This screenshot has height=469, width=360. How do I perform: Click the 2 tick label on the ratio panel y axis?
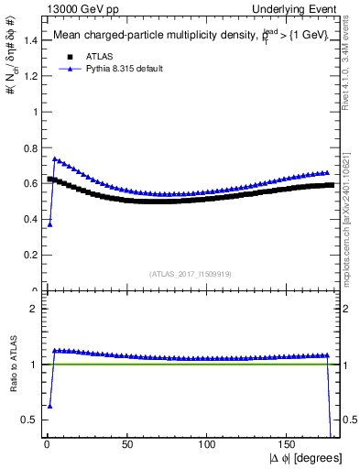point(37,309)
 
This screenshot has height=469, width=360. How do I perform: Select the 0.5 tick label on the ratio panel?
point(33,420)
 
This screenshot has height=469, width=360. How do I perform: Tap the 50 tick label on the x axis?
point(127,444)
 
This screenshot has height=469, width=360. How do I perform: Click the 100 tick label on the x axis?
point(208,444)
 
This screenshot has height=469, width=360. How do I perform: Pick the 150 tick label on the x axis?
point(288,444)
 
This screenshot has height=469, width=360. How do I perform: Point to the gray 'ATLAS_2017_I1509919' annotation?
point(191,274)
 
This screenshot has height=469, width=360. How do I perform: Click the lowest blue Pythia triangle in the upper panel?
point(49,224)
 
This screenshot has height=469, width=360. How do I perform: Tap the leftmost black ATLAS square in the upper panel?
point(49,179)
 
